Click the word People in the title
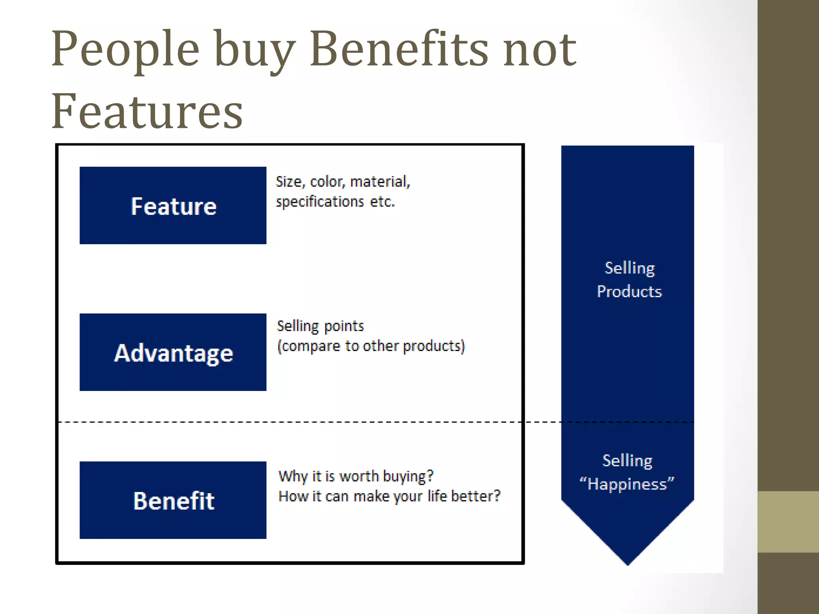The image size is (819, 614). [x=125, y=50]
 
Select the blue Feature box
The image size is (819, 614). [x=173, y=205]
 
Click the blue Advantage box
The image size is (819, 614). [x=173, y=352]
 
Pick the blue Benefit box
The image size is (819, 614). [x=173, y=500]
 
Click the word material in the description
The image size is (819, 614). [x=379, y=182]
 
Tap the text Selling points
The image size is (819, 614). [x=320, y=326]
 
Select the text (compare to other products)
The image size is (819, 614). [x=371, y=346]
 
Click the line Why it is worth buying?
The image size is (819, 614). [x=356, y=476]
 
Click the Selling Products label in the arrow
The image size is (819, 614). [x=629, y=279]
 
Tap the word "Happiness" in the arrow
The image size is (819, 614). [x=627, y=484]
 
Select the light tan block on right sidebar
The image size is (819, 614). [x=788, y=522]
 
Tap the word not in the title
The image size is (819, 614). [x=539, y=50]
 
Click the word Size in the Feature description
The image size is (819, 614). [x=289, y=182]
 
